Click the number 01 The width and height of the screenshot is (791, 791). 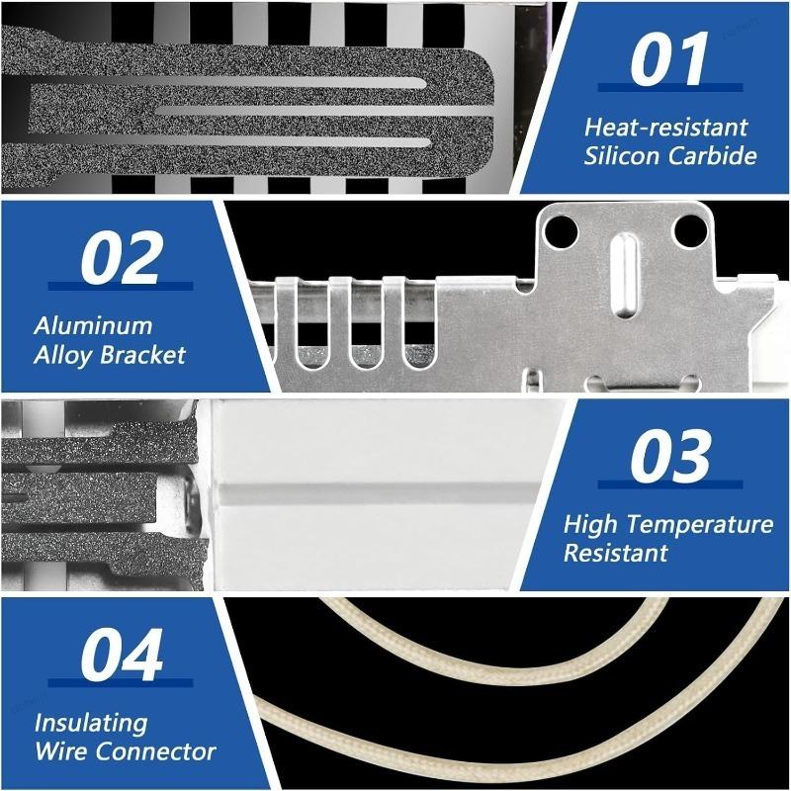point(669,58)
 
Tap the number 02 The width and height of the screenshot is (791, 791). point(122,258)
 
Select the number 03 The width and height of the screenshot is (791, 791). point(670,456)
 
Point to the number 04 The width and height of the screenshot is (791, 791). point(122,655)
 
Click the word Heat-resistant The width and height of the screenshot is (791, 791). point(665,128)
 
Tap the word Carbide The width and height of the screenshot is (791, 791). point(713,155)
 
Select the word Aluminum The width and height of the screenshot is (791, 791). point(93,326)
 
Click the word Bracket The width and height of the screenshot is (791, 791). point(142,355)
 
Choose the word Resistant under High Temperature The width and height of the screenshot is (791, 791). point(615,553)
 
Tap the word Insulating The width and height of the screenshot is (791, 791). point(91,724)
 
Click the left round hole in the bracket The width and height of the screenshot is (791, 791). point(562,231)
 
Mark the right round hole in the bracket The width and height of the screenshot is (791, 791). point(690,231)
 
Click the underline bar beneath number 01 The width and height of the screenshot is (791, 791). point(670,88)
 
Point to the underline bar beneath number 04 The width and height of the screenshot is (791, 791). point(121,683)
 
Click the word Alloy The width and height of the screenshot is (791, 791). point(64,356)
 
